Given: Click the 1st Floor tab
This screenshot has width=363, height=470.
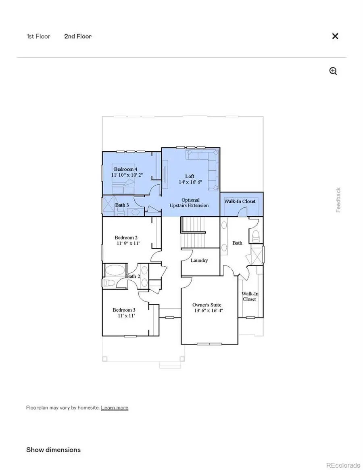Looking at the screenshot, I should tap(38, 36).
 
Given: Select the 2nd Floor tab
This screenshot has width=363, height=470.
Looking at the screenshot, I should tap(78, 36).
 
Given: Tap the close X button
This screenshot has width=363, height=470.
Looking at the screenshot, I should tap(335, 36).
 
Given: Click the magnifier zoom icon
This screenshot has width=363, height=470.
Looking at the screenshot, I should tap(333, 71).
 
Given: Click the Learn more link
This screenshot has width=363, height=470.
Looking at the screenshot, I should tap(115, 407).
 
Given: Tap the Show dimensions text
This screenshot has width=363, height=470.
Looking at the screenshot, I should tap(53, 449).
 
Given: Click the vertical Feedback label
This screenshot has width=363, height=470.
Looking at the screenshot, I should tap(338, 200).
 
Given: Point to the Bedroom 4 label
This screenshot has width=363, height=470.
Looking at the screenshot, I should tap(126, 169).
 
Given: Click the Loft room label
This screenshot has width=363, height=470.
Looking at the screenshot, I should tap(190, 176).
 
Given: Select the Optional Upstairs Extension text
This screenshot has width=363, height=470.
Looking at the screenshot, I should tap(190, 203).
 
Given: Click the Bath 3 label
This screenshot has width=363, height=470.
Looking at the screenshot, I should tap(122, 205).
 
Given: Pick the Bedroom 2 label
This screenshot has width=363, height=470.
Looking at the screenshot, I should tap(126, 238).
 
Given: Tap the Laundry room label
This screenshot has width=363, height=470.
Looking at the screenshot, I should tap(199, 260).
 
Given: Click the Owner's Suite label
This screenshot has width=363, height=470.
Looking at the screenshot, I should tap(207, 305).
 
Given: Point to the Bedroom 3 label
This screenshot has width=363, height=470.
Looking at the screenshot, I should tap(124, 310).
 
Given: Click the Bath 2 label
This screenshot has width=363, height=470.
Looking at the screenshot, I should tap(133, 276).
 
